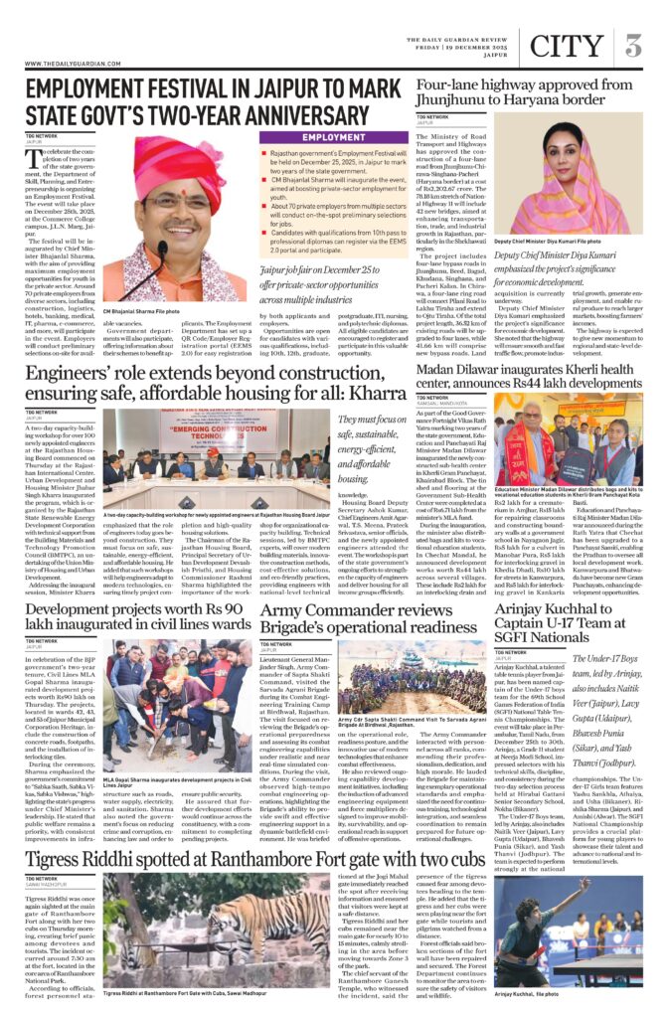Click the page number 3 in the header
tap(634, 46)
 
